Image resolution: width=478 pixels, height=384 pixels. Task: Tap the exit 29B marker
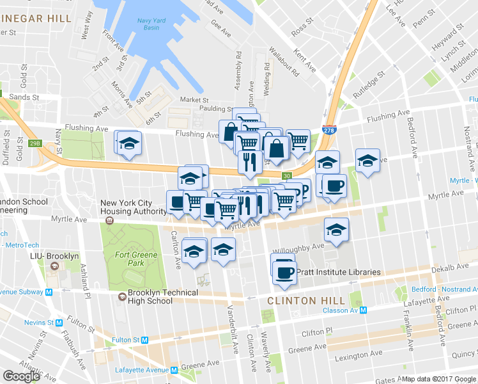click(x=34, y=143)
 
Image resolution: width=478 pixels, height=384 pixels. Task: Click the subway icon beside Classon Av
click(x=363, y=310)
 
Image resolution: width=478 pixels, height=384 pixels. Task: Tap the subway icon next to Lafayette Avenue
click(x=174, y=370)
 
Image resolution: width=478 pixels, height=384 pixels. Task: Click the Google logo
click(x=22, y=376)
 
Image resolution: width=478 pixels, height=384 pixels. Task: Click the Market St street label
click(x=194, y=100)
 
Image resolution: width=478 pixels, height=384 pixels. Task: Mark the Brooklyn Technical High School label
click(x=164, y=296)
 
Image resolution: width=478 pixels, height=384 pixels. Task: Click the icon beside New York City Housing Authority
click(x=109, y=221)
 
